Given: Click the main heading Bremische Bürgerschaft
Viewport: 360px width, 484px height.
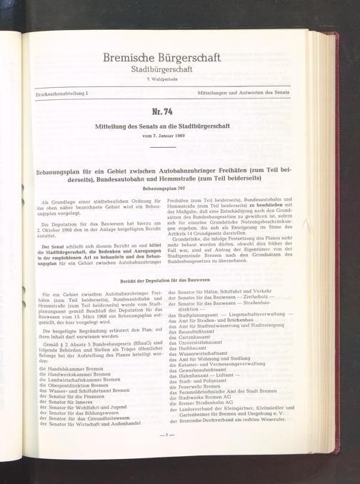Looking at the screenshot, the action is tap(162, 57).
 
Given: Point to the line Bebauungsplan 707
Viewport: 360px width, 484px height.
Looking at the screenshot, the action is tap(164, 188).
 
